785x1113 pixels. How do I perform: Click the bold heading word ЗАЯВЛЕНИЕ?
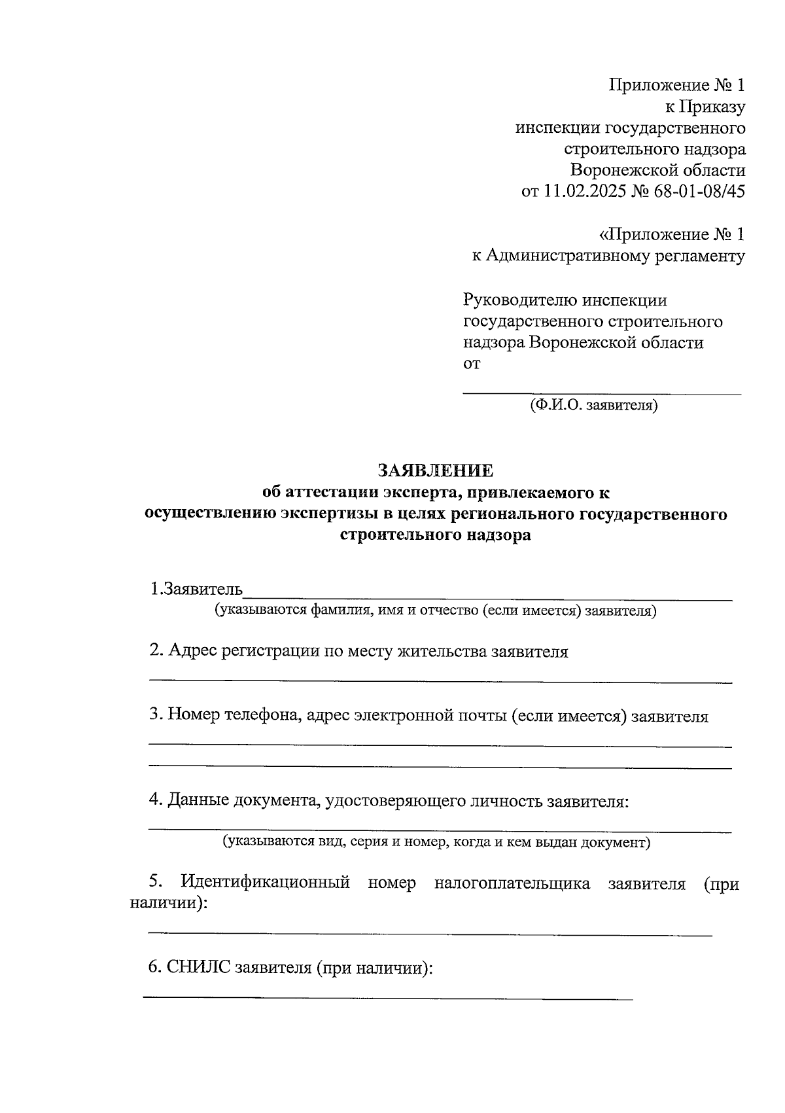coord(435,470)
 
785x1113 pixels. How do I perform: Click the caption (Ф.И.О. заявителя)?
coord(594,406)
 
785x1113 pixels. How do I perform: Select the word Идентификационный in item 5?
coord(265,883)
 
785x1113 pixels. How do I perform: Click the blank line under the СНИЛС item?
coord(388,998)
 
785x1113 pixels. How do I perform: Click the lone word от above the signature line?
coord(472,364)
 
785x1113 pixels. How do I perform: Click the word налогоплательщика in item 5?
coord(512,883)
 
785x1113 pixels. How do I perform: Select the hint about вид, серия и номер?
coord(436,841)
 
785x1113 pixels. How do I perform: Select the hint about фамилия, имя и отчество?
coord(436,610)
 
